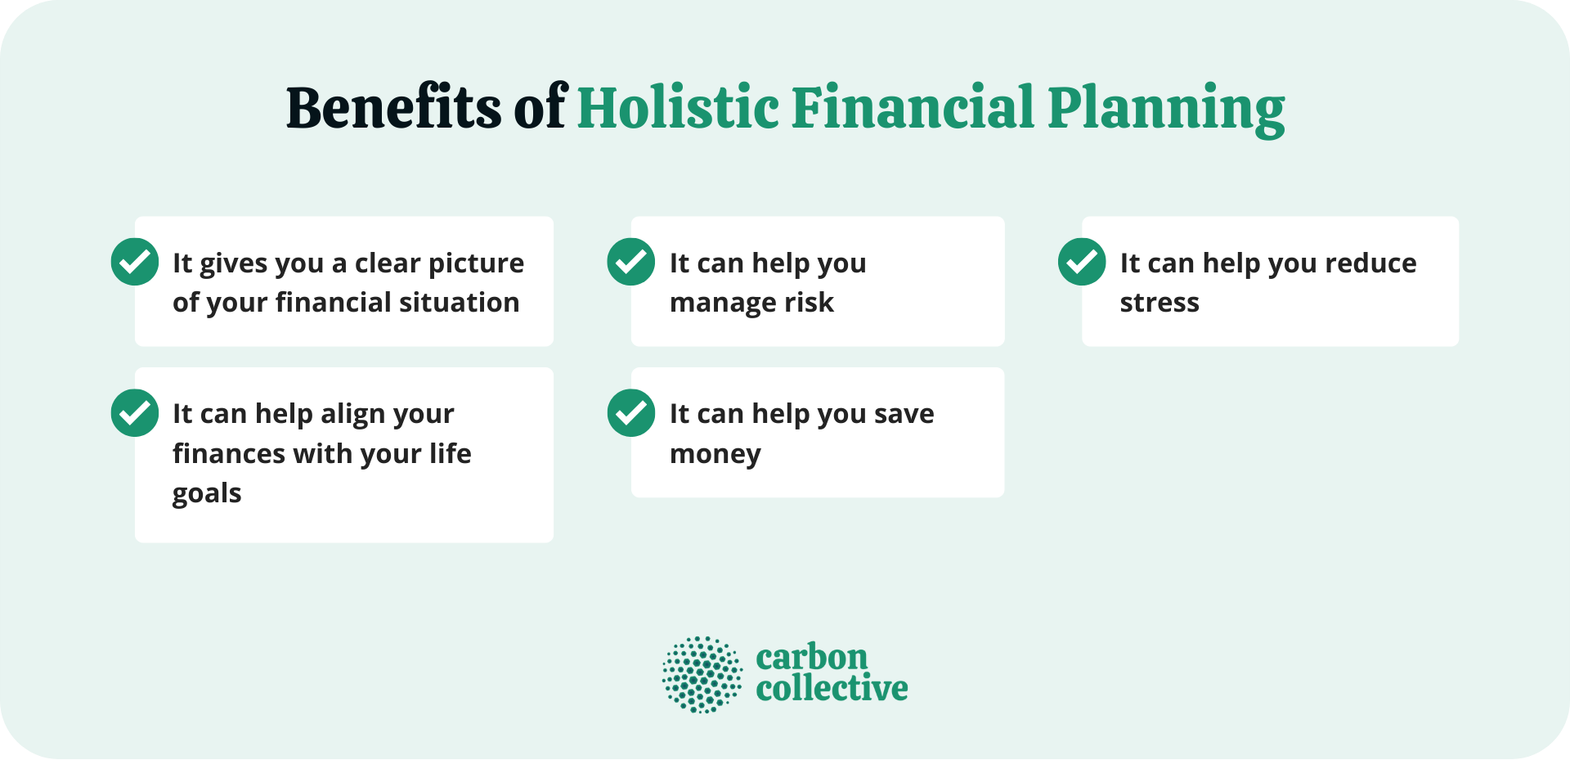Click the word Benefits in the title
click(x=393, y=107)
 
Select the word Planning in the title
click(x=1166, y=109)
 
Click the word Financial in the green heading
click(x=913, y=107)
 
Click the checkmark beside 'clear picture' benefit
click(x=135, y=262)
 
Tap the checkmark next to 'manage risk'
click(x=631, y=262)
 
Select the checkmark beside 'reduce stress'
click(x=1082, y=262)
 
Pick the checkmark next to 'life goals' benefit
click(x=135, y=413)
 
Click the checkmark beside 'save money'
click(x=631, y=413)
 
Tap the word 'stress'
click(x=1160, y=303)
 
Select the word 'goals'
click(x=207, y=494)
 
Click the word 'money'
click(x=715, y=454)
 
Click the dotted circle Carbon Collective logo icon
click(x=702, y=675)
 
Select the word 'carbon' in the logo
click(x=811, y=657)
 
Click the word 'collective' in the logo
click(x=832, y=689)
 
